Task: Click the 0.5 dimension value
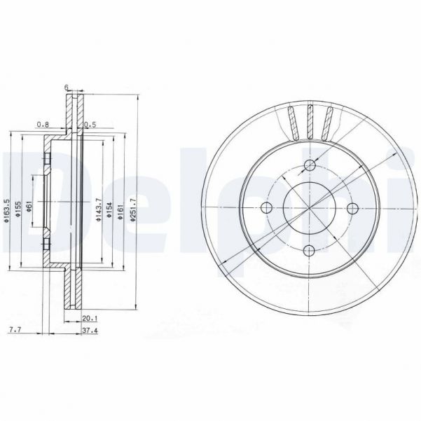[89, 125]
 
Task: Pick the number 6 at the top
[66, 87]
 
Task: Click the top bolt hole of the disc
[310, 165]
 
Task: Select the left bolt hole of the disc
[265, 208]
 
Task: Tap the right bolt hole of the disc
[353, 208]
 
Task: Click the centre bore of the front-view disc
[310, 208]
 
